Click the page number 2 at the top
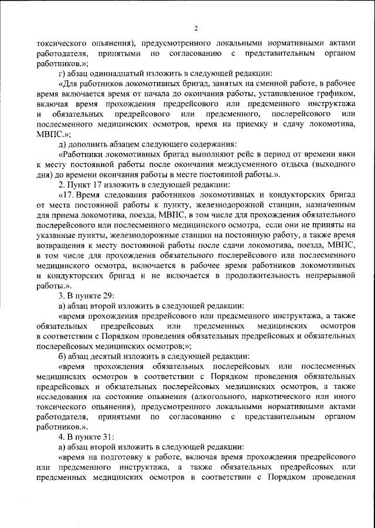pyautogui.click(x=197, y=28)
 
